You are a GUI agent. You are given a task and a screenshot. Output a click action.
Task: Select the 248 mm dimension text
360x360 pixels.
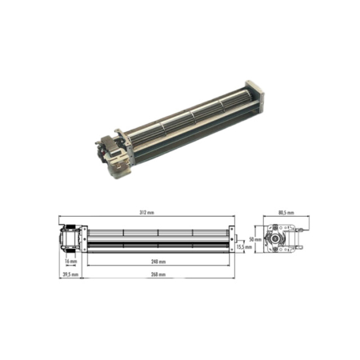(x=158, y=261)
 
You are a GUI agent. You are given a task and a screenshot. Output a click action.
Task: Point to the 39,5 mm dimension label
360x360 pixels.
(x=70, y=274)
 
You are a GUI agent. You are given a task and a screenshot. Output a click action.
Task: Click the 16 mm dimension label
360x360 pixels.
(x=71, y=261)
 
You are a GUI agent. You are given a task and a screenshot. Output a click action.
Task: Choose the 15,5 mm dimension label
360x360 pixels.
(x=244, y=247)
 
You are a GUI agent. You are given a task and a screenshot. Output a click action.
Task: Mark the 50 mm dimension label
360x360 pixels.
(x=254, y=239)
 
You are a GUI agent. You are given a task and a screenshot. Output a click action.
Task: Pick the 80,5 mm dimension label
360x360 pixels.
(x=286, y=214)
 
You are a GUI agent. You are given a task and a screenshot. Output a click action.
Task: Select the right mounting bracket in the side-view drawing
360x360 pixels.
(x=232, y=237)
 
